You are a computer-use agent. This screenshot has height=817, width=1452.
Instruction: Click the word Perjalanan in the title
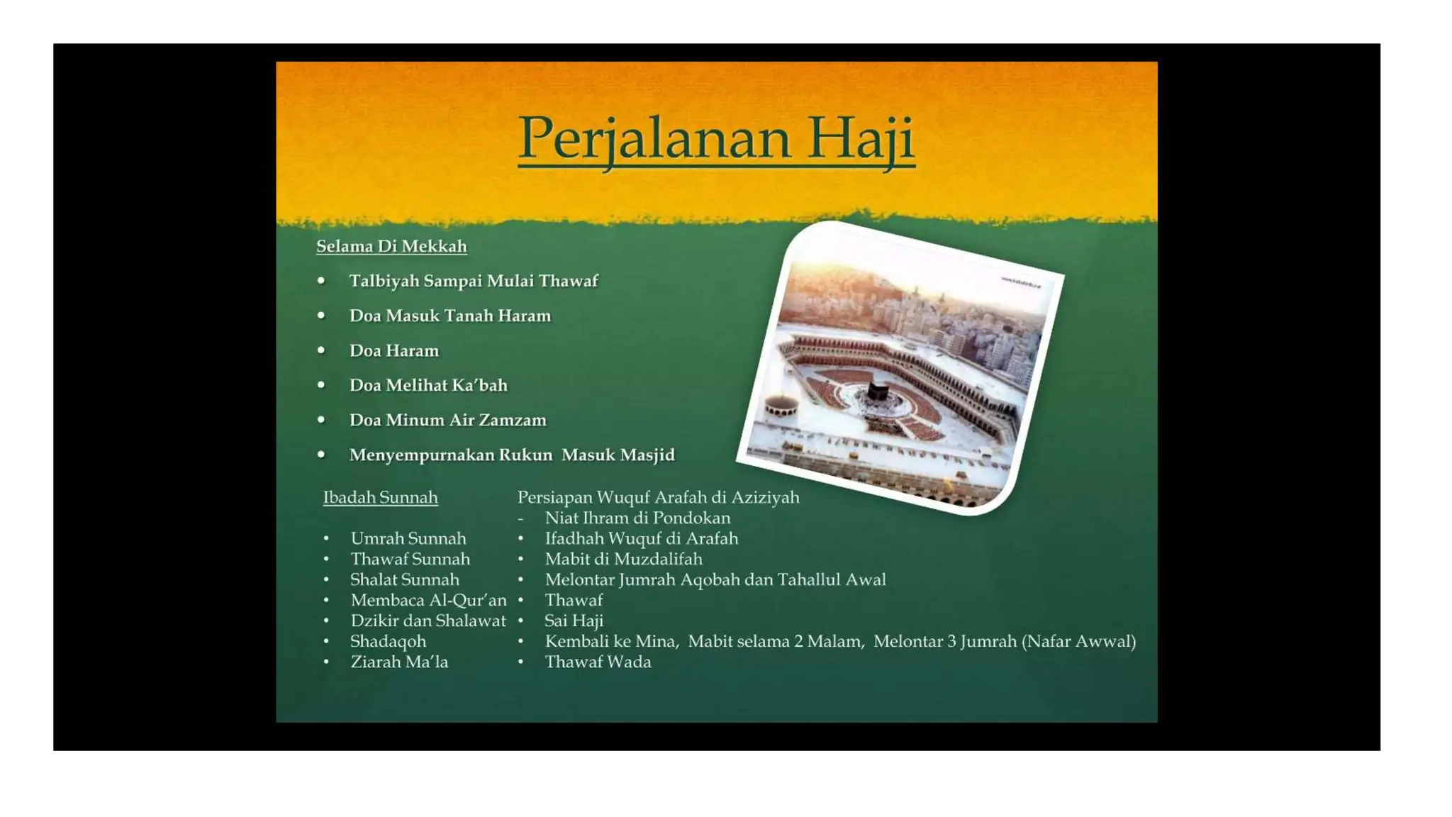coord(654,138)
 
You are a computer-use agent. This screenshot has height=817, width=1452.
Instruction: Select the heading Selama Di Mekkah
coord(391,246)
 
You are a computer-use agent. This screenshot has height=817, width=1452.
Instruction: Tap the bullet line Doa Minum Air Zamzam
coord(447,420)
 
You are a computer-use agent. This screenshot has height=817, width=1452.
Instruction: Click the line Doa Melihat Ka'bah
coord(428,385)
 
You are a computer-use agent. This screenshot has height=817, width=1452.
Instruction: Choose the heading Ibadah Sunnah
coord(380,497)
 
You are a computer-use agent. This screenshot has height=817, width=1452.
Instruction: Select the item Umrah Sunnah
coord(408,538)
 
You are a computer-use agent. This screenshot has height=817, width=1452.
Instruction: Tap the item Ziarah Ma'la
coord(399,662)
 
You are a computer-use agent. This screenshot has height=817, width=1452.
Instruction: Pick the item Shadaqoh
coord(388,641)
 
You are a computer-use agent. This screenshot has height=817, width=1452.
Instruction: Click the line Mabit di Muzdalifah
coord(623,559)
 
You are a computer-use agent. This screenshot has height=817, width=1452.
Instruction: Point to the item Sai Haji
coord(574,621)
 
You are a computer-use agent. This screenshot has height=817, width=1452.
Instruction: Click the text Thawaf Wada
coord(598,662)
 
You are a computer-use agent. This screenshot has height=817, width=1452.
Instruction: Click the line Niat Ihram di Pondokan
coord(637,518)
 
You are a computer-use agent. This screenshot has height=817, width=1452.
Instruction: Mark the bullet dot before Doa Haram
coord(321,350)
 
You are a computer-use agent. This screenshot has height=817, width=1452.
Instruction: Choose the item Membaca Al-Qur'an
coord(428,600)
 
